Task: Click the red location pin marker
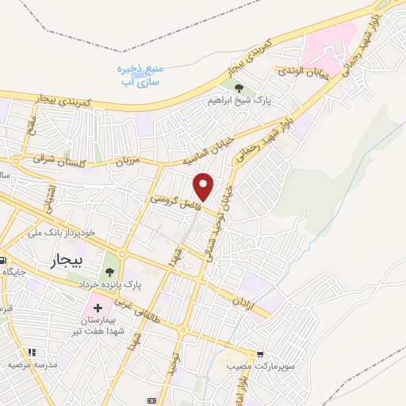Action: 205,186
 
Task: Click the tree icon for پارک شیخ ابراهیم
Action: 239,88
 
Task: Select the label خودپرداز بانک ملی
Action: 60,232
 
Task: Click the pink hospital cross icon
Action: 98,307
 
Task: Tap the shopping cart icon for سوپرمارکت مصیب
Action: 259,356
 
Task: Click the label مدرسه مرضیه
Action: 34,365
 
